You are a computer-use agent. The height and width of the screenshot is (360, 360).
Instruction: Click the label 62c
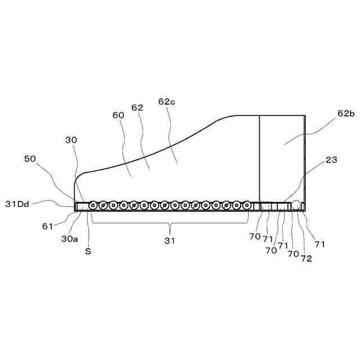click(x=167, y=102)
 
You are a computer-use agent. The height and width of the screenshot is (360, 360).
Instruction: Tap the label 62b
click(x=346, y=114)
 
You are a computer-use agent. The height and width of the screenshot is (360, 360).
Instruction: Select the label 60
click(x=118, y=115)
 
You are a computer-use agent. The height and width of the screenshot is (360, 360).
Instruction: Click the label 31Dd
click(x=17, y=204)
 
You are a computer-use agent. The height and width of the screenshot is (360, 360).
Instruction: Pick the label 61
click(x=48, y=226)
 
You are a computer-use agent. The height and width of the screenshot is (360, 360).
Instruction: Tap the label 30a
click(x=70, y=239)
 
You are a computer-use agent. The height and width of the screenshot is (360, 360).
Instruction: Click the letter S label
click(x=88, y=251)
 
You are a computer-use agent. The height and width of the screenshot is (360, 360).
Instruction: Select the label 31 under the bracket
click(x=169, y=241)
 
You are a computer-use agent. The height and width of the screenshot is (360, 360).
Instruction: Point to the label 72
click(x=306, y=259)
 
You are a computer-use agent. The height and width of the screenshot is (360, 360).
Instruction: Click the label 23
click(x=331, y=160)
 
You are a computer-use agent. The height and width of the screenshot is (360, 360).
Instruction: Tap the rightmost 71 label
click(x=320, y=245)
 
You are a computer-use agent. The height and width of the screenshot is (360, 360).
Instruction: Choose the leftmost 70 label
click(x=255, y=237)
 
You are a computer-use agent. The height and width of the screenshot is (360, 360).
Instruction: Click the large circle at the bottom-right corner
click(x=296, y=206)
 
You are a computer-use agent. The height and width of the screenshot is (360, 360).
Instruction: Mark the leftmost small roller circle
click(x=93, y=206)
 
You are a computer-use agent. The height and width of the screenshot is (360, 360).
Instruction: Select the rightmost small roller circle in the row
click(x=246, y=206)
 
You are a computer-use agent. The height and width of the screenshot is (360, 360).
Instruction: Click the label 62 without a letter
click(x=137, y=107)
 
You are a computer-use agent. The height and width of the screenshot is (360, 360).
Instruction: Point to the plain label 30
click(x=71, y=140)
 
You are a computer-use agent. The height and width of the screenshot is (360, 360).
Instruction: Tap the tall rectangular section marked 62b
click(x=281, y=157)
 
